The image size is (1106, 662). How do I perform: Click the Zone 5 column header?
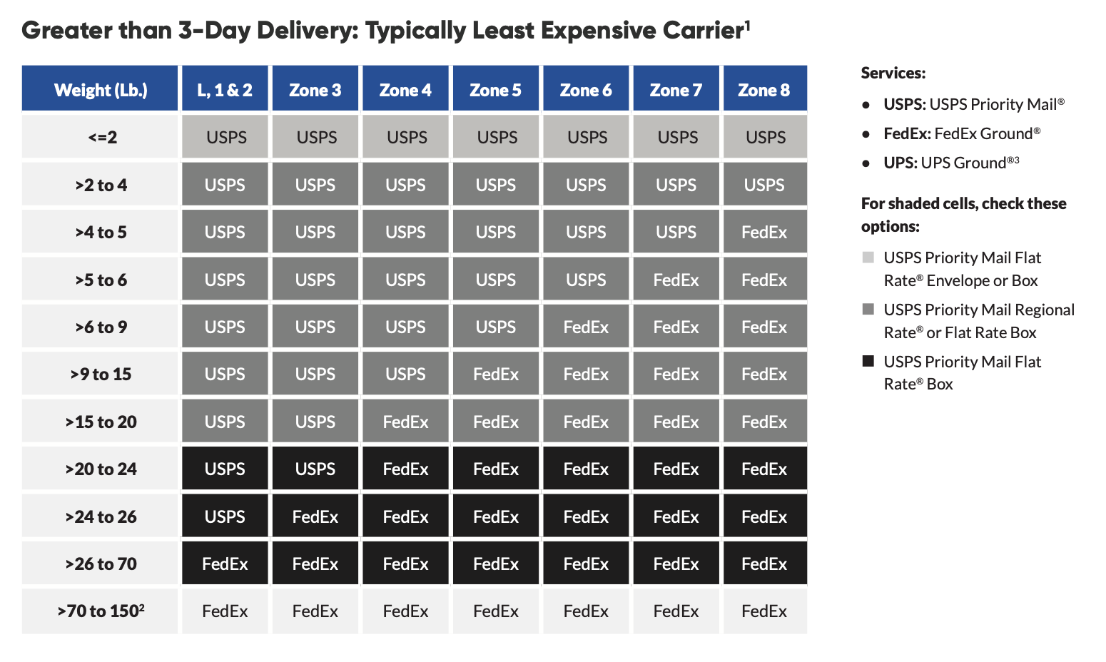(495, 90)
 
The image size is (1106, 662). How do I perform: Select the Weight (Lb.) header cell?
(100, 90)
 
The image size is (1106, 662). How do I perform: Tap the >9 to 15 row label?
(100, 375)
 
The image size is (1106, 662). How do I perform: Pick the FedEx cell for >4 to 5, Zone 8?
(764, 233)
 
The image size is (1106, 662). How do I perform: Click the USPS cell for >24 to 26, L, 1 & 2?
(225, 516)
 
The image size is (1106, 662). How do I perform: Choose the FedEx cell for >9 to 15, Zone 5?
(495, 375)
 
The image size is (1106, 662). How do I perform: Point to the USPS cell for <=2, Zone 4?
(406, 137)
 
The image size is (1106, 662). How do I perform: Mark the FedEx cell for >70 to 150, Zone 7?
(676, 611)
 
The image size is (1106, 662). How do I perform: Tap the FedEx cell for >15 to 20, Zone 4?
(405, 422)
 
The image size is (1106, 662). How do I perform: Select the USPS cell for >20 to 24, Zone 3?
(315, 469)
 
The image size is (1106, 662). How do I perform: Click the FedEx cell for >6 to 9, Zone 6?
(586, 327)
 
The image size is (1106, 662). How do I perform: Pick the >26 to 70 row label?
(100, 564)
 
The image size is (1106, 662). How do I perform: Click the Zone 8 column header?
(764, 90)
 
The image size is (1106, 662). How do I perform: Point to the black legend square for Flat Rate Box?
(868, 361)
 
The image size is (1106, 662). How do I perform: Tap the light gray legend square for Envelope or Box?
(868, 257)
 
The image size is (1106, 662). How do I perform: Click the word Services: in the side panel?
(893, 73)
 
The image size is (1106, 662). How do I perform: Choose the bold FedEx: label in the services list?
(906, 133)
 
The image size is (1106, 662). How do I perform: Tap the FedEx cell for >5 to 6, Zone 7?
(676, 280)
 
